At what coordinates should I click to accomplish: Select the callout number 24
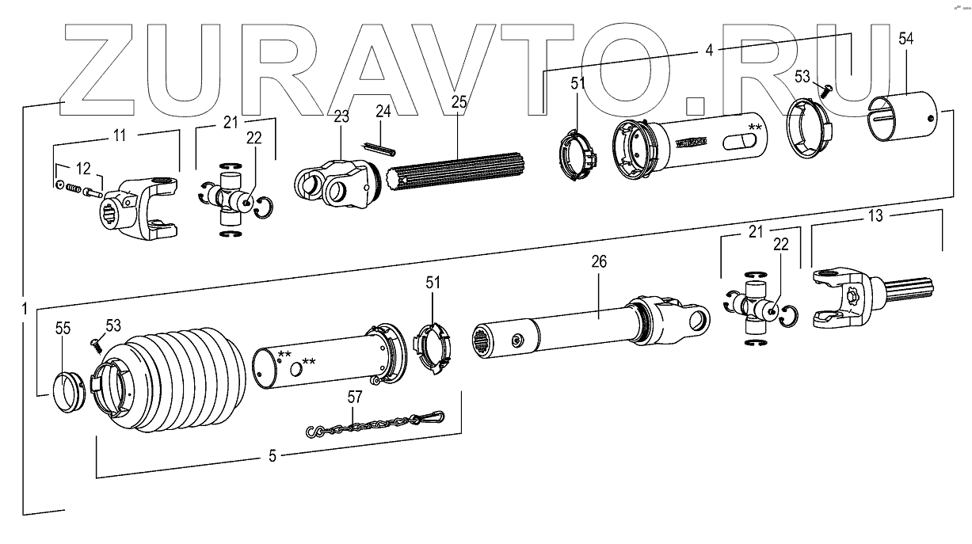(383, 110)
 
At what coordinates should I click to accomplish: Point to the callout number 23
(341, 117)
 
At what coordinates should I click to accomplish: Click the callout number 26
(599, 262)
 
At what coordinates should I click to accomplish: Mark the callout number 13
(875, 215)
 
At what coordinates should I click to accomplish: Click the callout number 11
(119, 135)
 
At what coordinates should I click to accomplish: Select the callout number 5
(273, 455)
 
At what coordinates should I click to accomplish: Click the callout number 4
(710, 51)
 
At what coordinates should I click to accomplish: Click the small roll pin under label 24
(380, 148)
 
